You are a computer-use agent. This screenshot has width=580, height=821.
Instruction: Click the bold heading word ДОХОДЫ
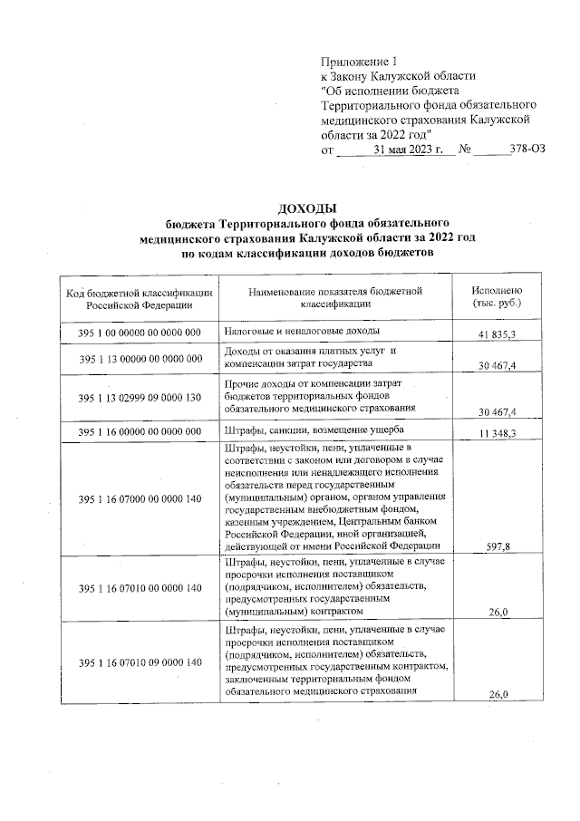coord(288,208)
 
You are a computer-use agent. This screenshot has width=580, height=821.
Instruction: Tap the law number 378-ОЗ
coord(527,150)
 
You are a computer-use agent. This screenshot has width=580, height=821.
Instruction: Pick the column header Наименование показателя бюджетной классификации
coord(336,298)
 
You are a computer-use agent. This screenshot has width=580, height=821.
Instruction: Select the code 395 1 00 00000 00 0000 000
coord(140,333)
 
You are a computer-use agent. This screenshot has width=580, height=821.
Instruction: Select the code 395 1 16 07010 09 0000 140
coord(140,663)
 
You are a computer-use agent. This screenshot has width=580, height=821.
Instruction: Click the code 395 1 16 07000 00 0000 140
coord(140,498)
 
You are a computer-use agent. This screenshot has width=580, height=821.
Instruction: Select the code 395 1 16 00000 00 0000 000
coord(140,431)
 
